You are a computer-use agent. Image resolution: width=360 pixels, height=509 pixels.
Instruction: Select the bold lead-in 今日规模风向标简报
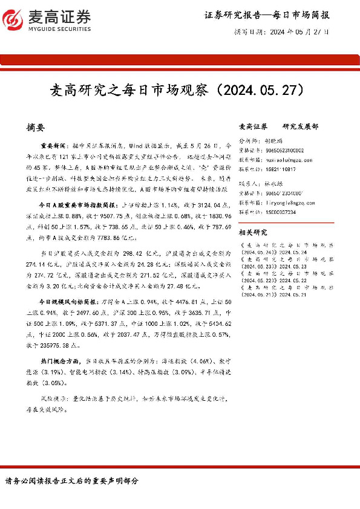pos(63,302)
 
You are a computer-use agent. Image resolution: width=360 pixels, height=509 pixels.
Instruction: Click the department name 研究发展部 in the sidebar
pos(301,127)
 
